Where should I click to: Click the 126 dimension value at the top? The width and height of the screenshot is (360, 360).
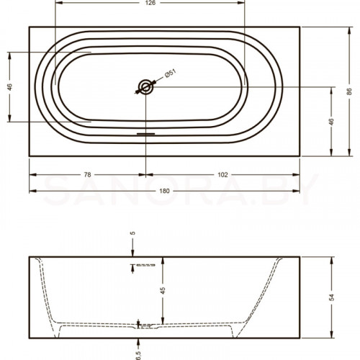click(150, 3)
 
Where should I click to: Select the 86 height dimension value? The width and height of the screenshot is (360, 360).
click(349, 91)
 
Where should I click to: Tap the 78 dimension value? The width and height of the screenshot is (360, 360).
click(88, 175)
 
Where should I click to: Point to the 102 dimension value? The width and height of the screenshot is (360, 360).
click(222, 175)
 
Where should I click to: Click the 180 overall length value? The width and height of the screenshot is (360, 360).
click(164, 191)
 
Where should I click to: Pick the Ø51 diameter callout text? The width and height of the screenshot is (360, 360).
click(171, 73)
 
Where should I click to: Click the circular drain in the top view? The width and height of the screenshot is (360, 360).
click(145, 87)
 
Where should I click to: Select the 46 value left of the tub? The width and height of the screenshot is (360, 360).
click(9, 87)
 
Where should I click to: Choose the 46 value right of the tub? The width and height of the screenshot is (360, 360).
click(331, 122)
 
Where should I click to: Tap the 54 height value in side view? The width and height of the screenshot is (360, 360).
click(331, 297)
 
